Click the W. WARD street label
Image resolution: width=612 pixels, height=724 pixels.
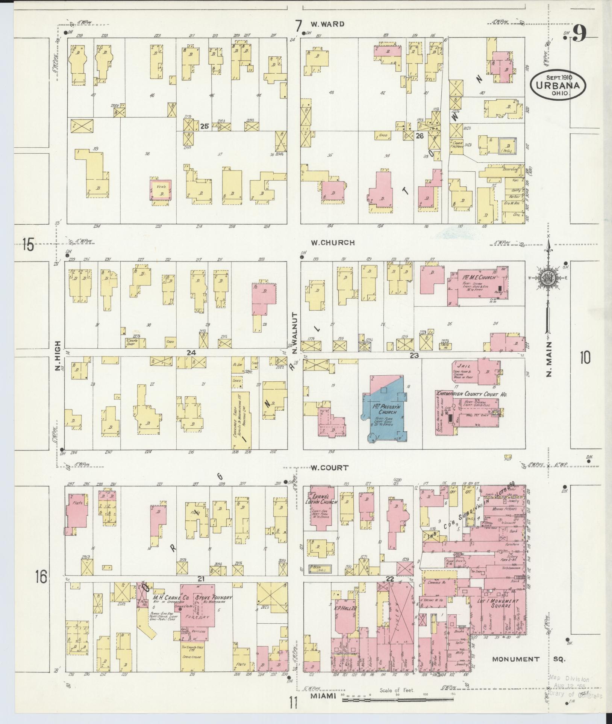pyautogui.click(x=327, y=24)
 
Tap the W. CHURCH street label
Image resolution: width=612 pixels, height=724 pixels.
pyautogui.click(x=332, y=243)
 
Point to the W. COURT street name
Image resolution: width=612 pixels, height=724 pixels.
pyautogui.click(x=329, y=468)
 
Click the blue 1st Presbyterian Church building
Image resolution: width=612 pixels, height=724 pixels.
pyautogui.click(x=383, y=413)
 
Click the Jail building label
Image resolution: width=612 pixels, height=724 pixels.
pyautogui.click(x=462, y=365)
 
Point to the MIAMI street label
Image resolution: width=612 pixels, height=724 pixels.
pyautogui.click(x=323, y=696)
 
